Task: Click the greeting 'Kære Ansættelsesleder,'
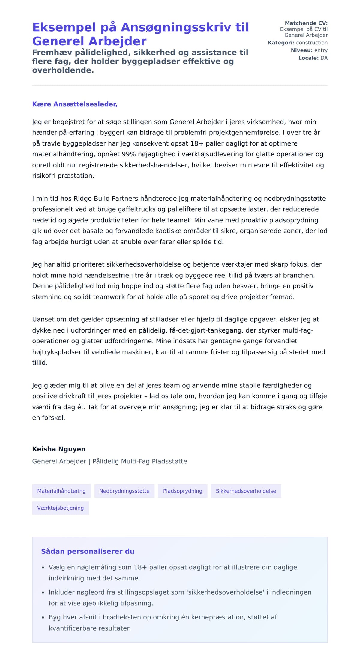coord(75,104)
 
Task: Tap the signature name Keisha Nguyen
coord(59,449)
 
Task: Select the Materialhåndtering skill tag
coord(61,491)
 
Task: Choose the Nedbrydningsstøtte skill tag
coord(124,491)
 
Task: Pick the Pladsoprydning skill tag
coord(183,491)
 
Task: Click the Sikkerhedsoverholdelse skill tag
coord(246,491)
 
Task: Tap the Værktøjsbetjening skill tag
coord(60,508)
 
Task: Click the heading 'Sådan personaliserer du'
coord(88,551)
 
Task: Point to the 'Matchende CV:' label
coord(306,23)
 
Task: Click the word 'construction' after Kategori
coord(312,43)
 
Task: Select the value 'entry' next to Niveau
coord(321,50)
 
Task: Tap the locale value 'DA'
coord(324,58)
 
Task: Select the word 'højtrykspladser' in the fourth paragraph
coord(57,352)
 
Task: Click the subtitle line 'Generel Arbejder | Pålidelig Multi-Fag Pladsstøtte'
coord(109,461)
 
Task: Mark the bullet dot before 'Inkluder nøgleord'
coord(43,592)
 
